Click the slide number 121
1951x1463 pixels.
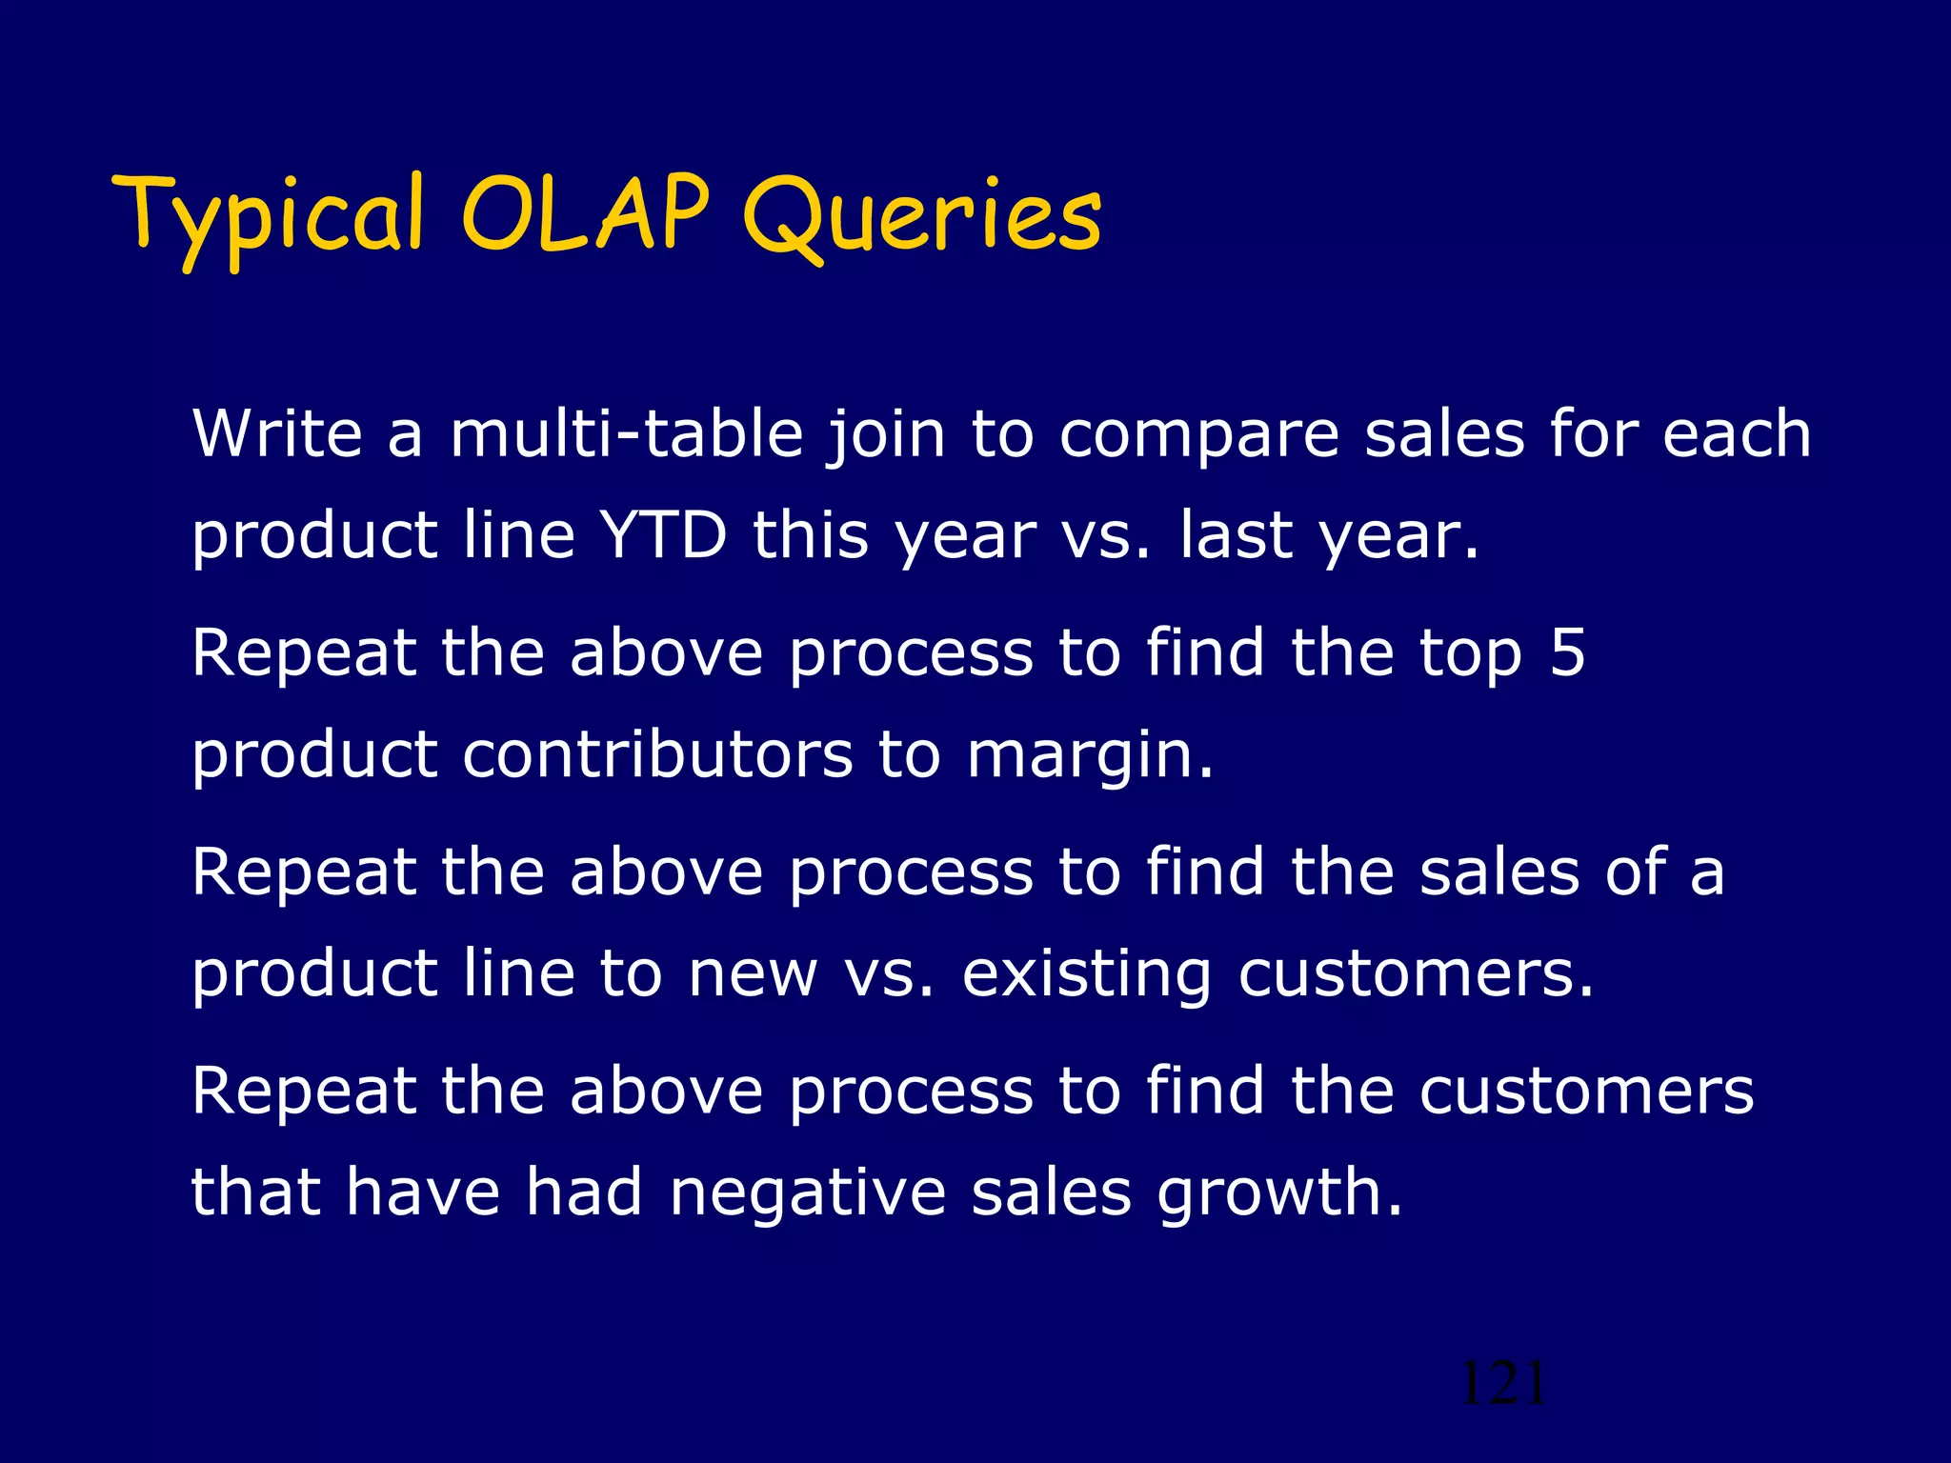point(1502,1383)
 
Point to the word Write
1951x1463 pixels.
point(277,433)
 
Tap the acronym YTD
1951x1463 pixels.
point(664,534)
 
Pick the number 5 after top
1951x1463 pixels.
point(1566,653)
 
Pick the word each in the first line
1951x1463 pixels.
point(1736,433)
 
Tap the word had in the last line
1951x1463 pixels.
point(584,1192)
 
